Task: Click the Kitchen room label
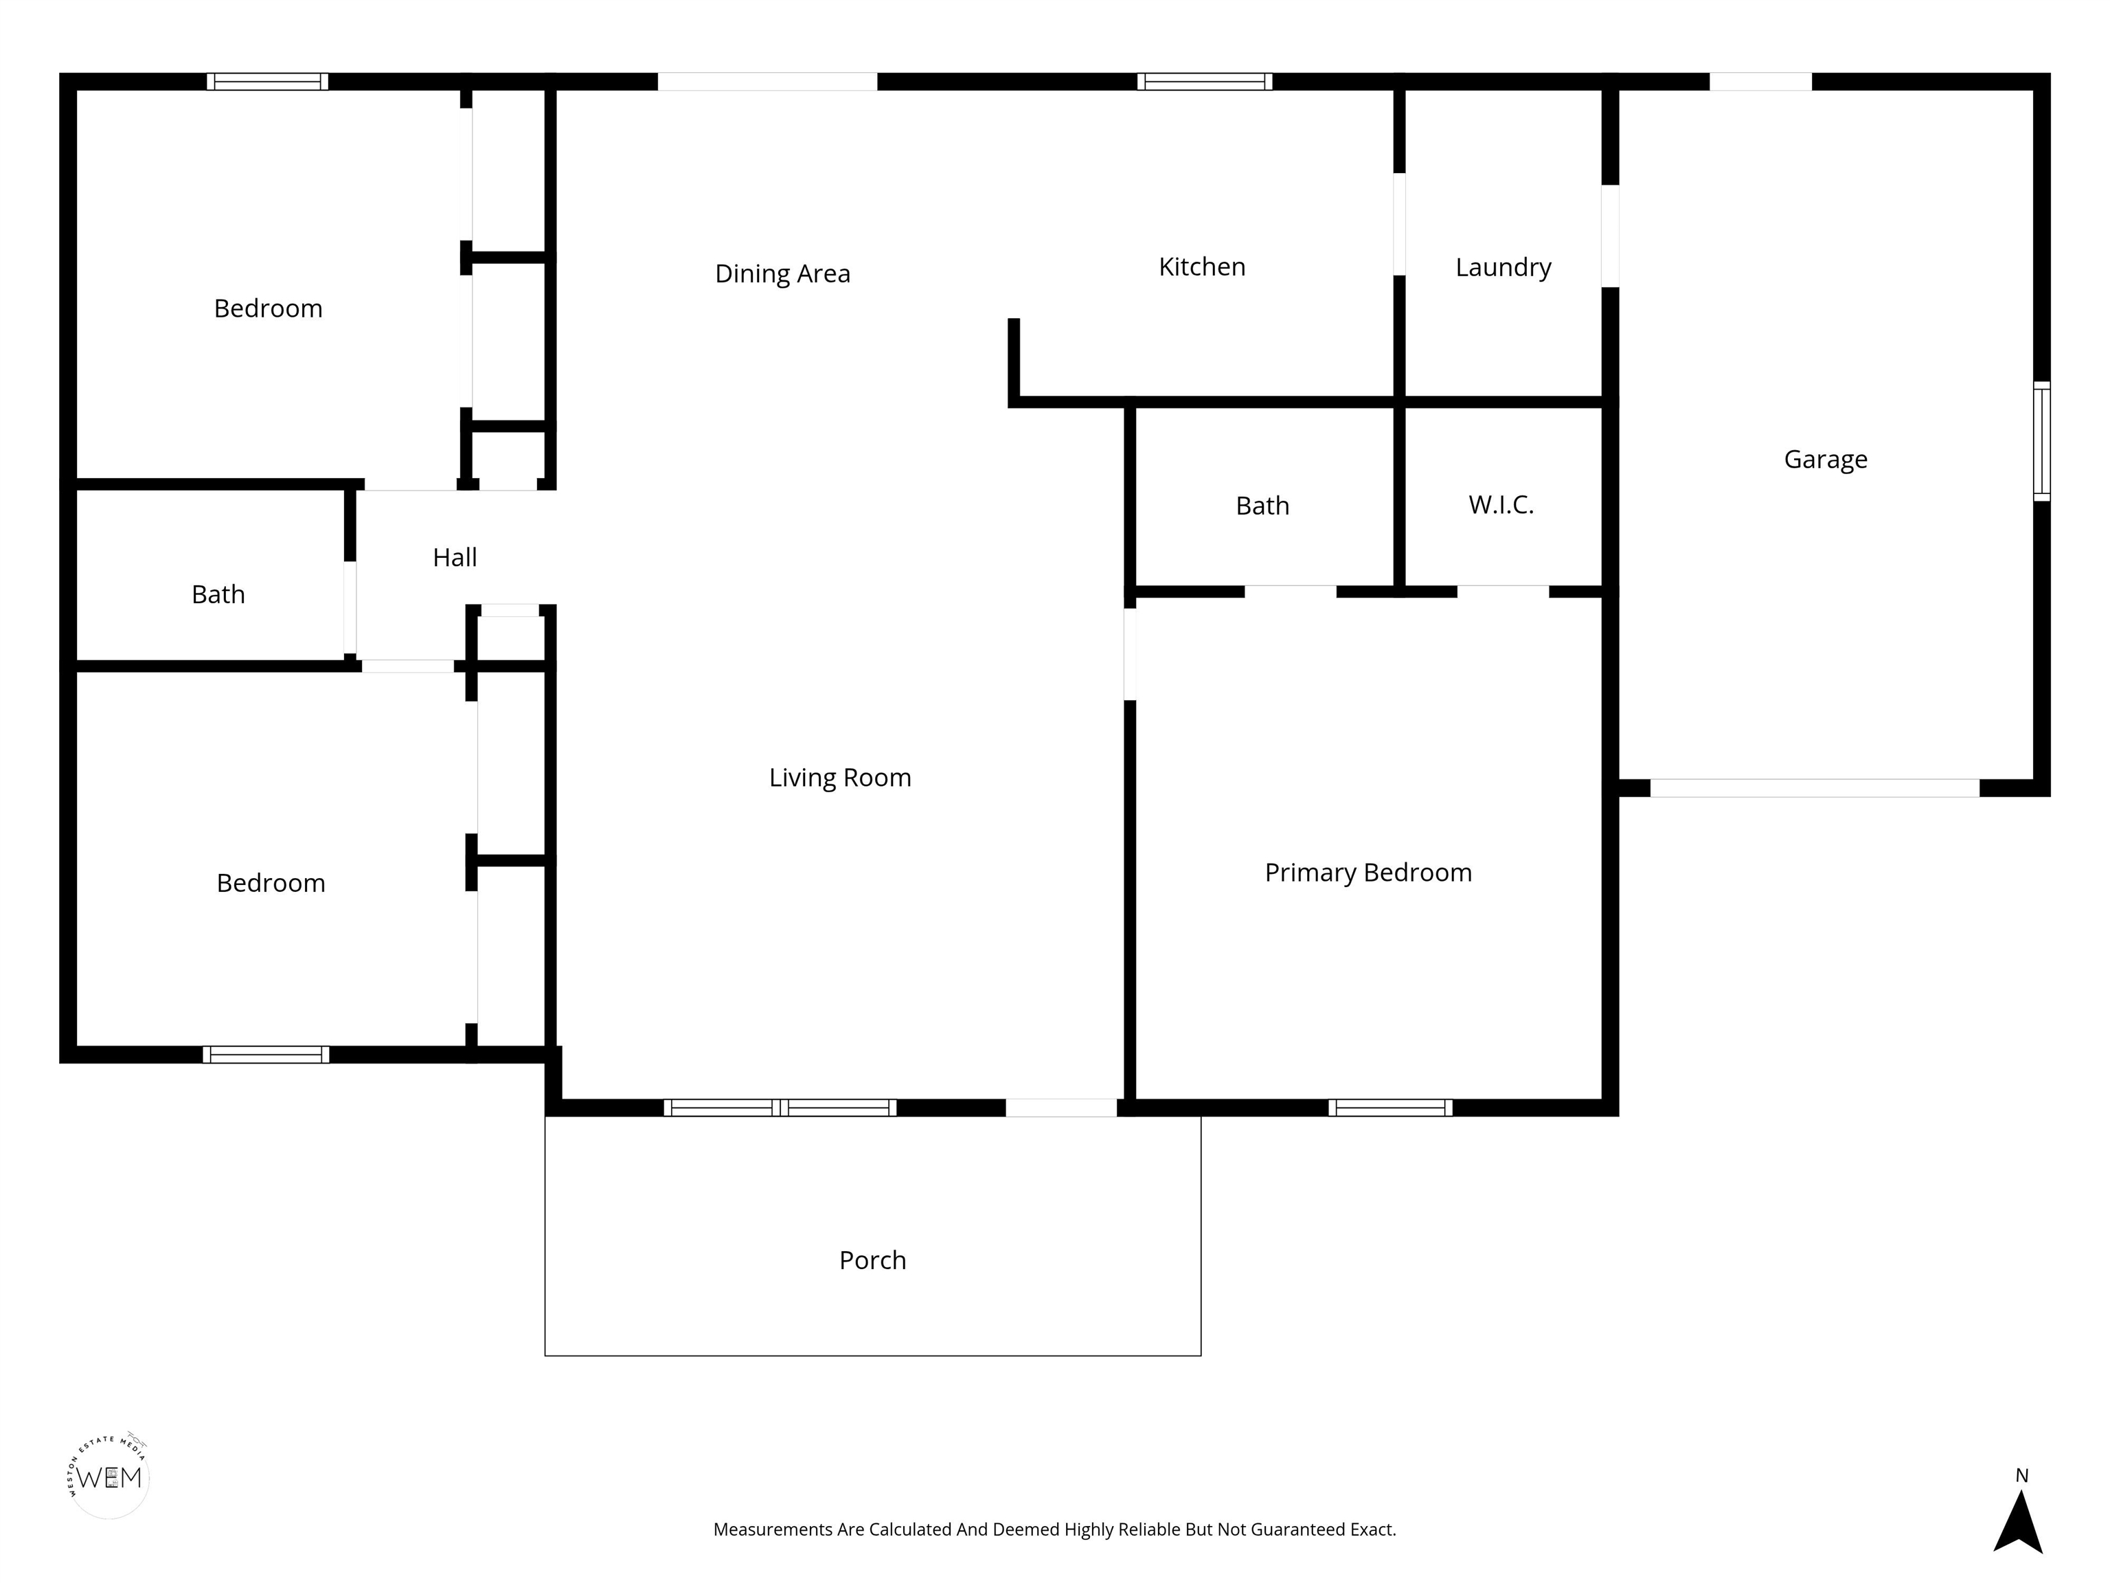pyautogui.click(x=1202, y=267)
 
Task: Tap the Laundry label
pyautogui.click(x=1504, y=268)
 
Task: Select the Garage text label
pyautogui.click(x=1826, y=460)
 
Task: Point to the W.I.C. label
pyautogui.click(x=1501, y=505)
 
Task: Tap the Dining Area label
pyautogui.click(x=782, y=274)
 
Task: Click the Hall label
pyautogui.click(x=455, y=557)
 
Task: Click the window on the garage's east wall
pyautogui.click(x=2041, y=441)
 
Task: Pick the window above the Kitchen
pyautogui.click(x=1205, y=81)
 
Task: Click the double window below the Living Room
pyautogui.click(x=780, y=1108)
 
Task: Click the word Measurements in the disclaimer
pyautogui.click(x=773, y=1529)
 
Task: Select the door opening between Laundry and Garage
pyautogui.click(x=1610, y=236)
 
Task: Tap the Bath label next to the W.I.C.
pyautogui.click(x=1262, y=506)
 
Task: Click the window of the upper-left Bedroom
pyautogui.click(x=268, y=81)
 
